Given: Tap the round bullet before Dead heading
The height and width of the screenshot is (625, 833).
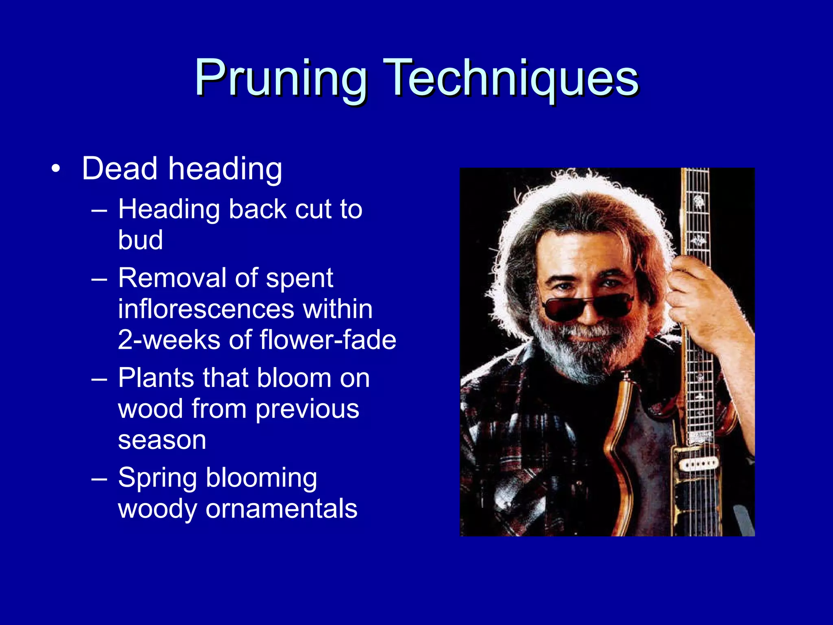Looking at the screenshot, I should coord(56,168).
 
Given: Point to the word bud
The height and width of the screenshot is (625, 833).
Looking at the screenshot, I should coord(140,240).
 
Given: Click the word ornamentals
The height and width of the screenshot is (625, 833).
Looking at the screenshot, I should coord(281,509).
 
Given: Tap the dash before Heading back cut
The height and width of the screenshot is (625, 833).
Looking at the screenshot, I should coord(99,210).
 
